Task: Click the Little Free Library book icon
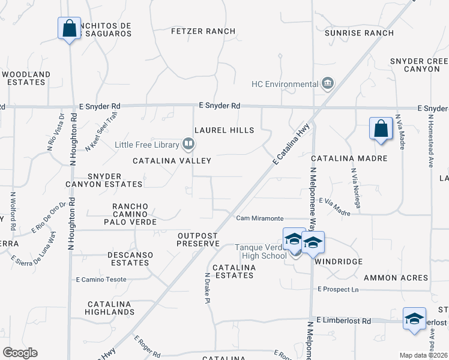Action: (188, 144)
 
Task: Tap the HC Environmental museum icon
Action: (327, 83)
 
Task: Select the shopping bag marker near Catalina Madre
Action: (381, 129)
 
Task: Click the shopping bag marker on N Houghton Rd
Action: (69, 28)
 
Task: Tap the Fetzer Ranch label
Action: (203, 31)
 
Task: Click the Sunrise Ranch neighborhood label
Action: (359, 33)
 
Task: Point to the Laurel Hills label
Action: (224, 130)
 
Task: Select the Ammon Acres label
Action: (396, 278)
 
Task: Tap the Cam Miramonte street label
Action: (259, 218)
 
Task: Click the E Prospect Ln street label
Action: (338, 289)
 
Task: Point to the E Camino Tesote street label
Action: (101, 280)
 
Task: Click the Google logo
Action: (20, 353)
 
